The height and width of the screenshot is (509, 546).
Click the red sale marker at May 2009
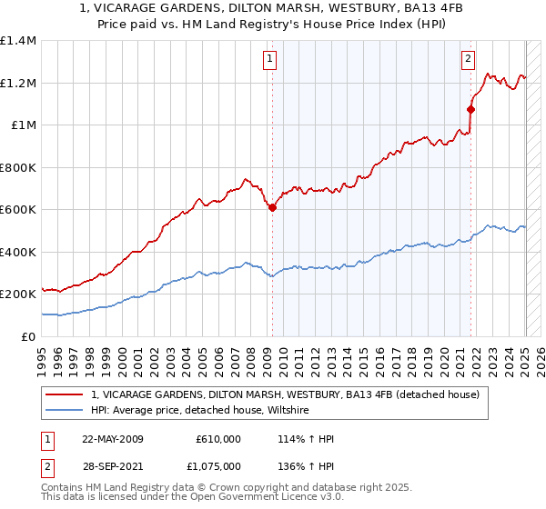pos(272,207)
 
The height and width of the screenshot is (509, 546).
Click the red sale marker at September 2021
pos(470,109)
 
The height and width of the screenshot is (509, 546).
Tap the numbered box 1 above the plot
pos(271,60)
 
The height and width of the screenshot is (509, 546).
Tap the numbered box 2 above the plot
pos(469,60)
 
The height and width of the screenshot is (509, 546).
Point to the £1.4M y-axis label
pos(18,41)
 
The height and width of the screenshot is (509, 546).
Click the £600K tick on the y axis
pos(18,210)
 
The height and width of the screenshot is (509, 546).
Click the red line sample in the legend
pos(65,395)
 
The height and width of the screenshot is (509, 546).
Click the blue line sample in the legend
pos(65,411)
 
